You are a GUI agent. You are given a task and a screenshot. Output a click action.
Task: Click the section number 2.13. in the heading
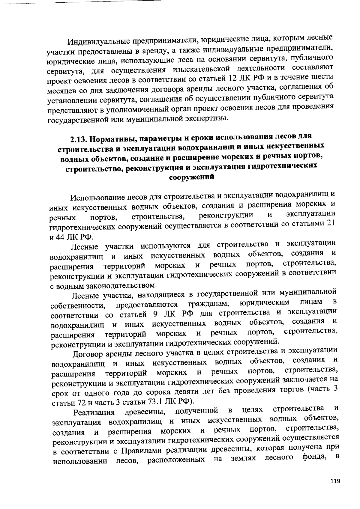coord(79,140)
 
